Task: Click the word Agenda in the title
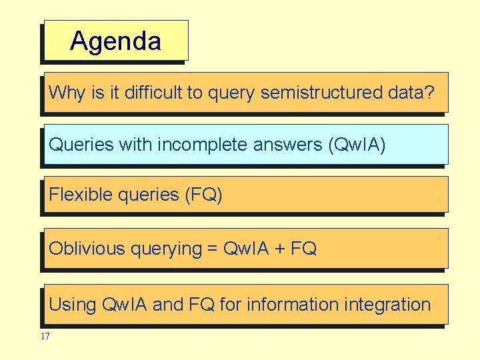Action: pyautogui.click(x=115, y=41)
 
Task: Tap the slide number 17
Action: pyautogui.click(x=45, y=337)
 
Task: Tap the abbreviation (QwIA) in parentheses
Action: pyautogui.click(x=357, y=145)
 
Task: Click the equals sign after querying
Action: pyautogui.click(x=213, y=249)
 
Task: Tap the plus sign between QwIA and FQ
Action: pyautogui.click(x=279, y=249)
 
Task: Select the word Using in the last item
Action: pyautogui.click(x=72, y=305)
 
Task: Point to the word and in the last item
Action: pyautogui.click(x=168, y=305)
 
